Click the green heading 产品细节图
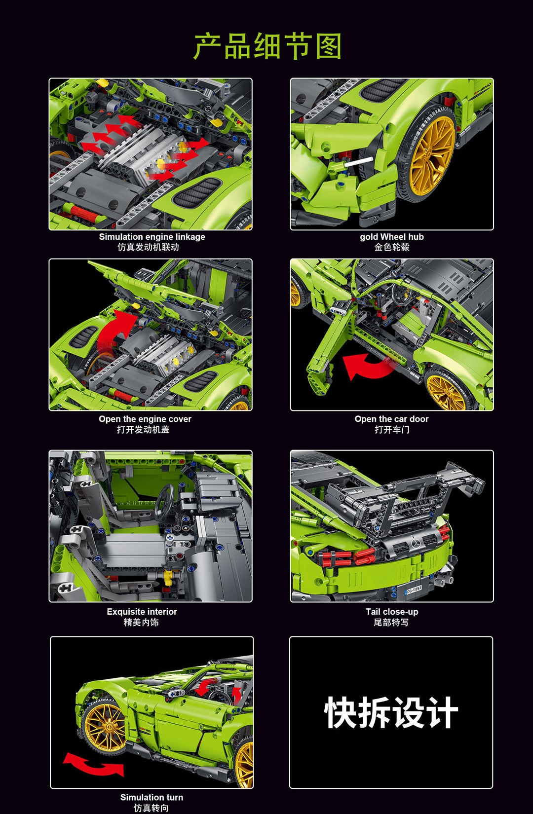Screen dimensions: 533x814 267,46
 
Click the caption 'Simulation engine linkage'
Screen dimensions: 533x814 152,237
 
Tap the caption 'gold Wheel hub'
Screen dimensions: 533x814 391,237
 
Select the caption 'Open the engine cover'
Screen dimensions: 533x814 145,419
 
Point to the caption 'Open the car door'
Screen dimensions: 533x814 391,419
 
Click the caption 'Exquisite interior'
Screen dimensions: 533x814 142,612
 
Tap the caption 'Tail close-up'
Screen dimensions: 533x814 392,612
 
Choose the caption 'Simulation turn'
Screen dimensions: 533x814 152,797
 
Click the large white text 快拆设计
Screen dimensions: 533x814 391,712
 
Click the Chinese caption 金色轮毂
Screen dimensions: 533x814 392,247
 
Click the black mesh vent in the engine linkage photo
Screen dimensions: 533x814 197,192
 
